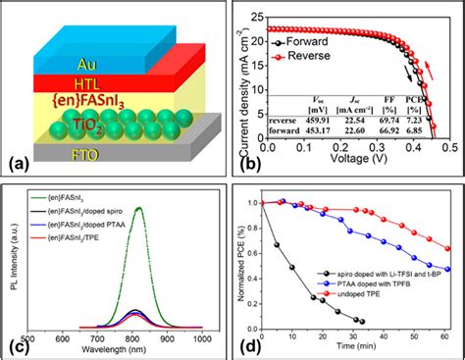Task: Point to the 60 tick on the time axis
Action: [448, 336]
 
